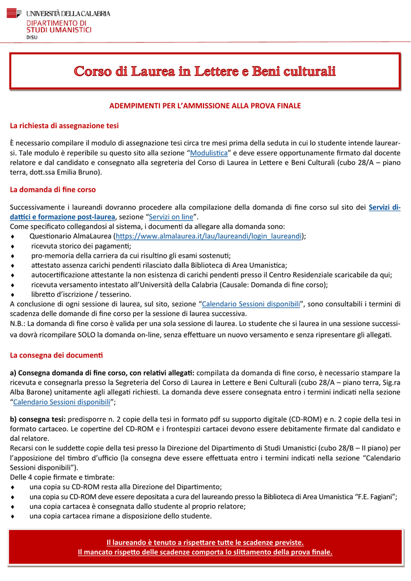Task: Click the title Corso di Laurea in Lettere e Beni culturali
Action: coord(205,71)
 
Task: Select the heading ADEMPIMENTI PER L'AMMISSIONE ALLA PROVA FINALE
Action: coord(205,106)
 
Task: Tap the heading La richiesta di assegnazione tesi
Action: coord(64,125)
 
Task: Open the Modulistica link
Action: coord(209,153)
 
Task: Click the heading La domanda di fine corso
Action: coord(53,189)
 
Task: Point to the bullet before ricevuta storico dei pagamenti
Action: coord(12,246)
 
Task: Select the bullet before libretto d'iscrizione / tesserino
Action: coord(12,294)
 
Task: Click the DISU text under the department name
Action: coord(32,37)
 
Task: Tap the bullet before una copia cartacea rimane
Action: coord(12,516)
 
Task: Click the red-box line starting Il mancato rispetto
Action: coord(205,552)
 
